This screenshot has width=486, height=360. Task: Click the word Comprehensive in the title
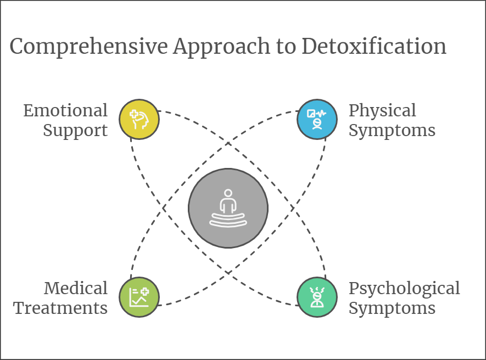tap(88, 47)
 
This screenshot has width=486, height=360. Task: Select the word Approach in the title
tap(219, 47)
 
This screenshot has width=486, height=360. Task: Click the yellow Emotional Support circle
tap(139, 119)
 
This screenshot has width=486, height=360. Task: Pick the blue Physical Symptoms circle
tap(317, 119)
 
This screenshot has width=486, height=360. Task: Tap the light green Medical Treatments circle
tap(139, 297)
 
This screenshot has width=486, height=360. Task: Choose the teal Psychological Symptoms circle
tap(317, 297)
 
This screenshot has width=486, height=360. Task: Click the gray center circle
tap(228, 208)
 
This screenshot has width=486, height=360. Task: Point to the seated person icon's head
tap(228, 194)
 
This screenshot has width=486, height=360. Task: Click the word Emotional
tap(65, 110)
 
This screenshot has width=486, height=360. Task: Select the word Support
tap(75, 131)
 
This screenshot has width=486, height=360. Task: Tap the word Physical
tap(382, 110)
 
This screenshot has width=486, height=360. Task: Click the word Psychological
tap(404, 288)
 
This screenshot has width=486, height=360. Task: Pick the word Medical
tap(76, 288)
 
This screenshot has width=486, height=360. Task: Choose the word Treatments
tap(61, 308)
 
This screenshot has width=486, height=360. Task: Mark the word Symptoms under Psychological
tap(392, 308)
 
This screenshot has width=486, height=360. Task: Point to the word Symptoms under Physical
tap(392, 131)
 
